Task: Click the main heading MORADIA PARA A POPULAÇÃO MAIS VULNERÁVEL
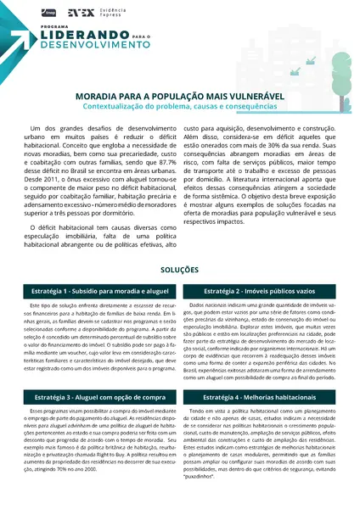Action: click(179, 97)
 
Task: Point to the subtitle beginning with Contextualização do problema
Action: click(179, 107)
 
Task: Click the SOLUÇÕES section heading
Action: click(179, 269)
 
